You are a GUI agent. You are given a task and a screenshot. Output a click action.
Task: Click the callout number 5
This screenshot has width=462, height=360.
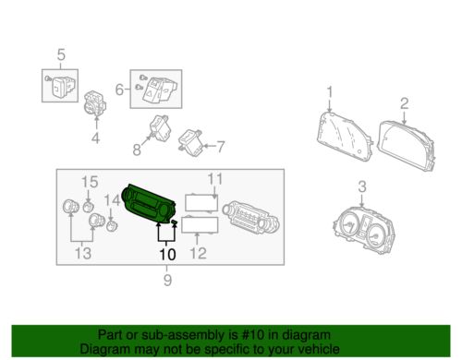[x=61, y=54]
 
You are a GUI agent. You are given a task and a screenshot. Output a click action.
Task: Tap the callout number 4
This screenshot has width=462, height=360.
[x=95, y=138]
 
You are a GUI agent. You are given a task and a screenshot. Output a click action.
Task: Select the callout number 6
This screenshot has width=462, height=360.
[x=119, y=90]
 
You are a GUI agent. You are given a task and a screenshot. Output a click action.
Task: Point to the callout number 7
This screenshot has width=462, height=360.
[x=221, y=147]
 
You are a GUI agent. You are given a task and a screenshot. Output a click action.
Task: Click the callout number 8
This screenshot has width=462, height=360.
[x=137, y=150]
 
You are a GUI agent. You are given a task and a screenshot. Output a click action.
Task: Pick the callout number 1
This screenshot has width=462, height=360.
[x=330, y=92]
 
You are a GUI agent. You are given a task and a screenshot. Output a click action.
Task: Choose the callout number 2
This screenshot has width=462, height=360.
[x=404, y=103]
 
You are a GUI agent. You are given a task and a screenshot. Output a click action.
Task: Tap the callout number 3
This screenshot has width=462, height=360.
[x=362, y=186]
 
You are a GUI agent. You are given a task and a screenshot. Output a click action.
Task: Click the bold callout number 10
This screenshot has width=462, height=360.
[x=167, y=255]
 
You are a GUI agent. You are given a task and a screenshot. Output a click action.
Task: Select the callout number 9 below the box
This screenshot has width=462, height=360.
[x=167, y=280]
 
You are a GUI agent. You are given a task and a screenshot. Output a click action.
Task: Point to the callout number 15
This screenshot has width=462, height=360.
[x=90, y=182]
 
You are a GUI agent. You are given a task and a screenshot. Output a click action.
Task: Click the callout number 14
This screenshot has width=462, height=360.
[x=112, y=200]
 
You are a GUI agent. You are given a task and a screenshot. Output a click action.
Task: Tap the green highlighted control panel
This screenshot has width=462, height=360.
[x=149, y=204]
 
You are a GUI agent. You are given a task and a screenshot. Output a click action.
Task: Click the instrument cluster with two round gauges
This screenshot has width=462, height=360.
[x=364, y=228]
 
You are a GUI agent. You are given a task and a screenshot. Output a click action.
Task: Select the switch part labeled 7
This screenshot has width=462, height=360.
[x=190, y=143]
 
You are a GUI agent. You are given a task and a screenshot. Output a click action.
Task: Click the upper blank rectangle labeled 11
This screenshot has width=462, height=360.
[x=201, y=203]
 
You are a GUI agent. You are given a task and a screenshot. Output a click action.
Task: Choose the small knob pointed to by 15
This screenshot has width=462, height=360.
[x=89, y=207]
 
